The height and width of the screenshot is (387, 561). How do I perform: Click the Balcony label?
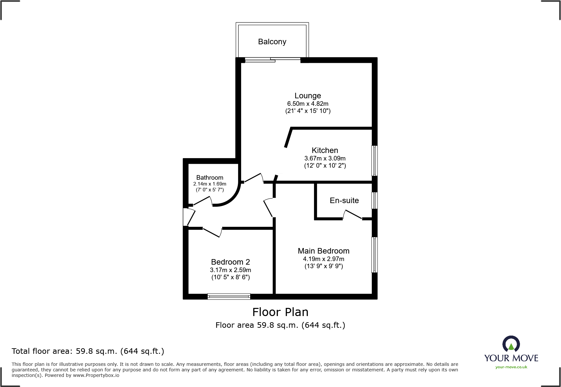(x=272, y=42)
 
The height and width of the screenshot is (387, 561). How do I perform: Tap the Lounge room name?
(x=308, y=96)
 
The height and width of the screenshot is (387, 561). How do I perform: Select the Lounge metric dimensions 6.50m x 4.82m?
(x=308, y=104)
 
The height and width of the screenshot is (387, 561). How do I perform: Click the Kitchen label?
(x=325, y=150)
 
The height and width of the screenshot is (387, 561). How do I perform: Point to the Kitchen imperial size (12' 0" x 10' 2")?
(x=325, y=165)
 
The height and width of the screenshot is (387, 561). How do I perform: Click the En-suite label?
(x=344, y=200)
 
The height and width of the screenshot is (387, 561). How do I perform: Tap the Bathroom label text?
(x=209, y=177)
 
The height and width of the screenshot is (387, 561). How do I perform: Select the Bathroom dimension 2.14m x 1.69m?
(x=209, y=184)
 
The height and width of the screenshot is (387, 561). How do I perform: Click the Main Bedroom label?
(x=324, y=251)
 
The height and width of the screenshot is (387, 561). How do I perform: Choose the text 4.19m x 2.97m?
(x=324, y=259)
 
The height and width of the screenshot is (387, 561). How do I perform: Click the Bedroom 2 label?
(x=230, y=262)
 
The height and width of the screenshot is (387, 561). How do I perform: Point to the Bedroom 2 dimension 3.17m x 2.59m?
(x=230, y=270)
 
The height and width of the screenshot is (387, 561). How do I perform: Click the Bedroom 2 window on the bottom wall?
(x=229, y=296)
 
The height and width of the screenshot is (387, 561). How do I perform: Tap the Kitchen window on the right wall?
(x=375, y=160)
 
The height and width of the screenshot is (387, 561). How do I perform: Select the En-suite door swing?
(x=352, y=214)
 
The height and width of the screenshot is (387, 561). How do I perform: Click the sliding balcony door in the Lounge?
(x=273, y=59)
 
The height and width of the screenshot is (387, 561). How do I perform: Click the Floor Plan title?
(x=280, y=312)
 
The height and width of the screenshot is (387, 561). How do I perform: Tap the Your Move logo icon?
(x=511, y=344)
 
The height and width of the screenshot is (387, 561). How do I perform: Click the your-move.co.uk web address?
(x=511, y=367)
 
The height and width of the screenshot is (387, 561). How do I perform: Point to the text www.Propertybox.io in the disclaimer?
(x=96, y=375)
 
